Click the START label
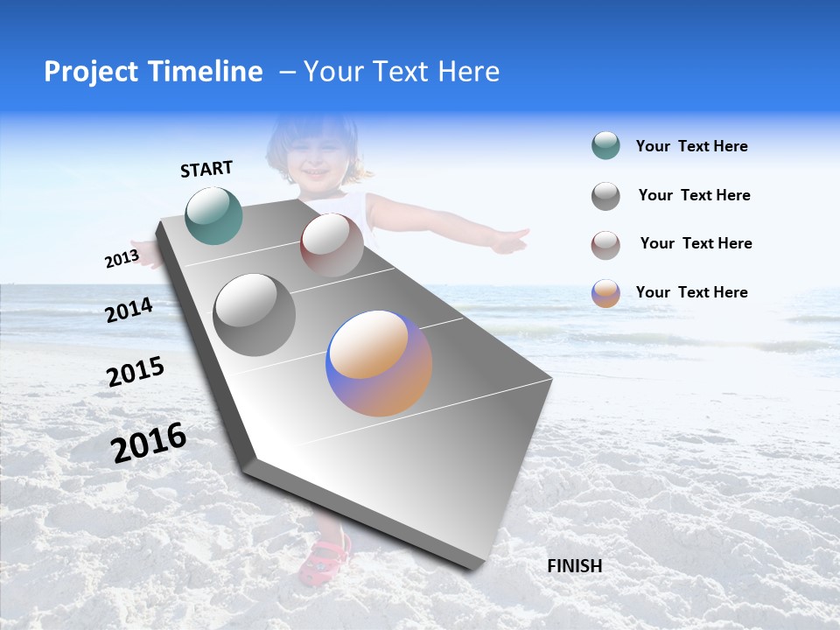pyautogui.click(x=206, y=169)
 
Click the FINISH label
pyautogui.click(x=575, y=566)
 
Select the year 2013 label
pyautogui.click(x=122, y=259)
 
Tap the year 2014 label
pyautogui.click(x=129, y=310)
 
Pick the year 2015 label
pyautogui.click(x=136, y=372)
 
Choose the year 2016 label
pyautogui.click(x=149, y=442)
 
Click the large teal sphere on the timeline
pyautogui.click(x=214, y=215)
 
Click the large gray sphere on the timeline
pyautogui.click(x=255, y=314)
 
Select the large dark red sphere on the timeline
pyautogui.click(x=332, y=245)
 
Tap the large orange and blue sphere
pyautogui.click(x=379, y=363)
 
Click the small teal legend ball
pyautogui.click(x=605, y=146)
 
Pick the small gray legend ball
pyautogui.click(x=605, y=196)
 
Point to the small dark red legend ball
pyautogui.click(x=605, y=245)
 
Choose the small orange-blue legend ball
pyautogui.click(x=605, y=293)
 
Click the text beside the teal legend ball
pyautogui.click(x=691, y=147)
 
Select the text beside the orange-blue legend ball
pyautogui.click(x=691, y=292)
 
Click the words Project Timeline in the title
pyautogui.click(x=153, y=72)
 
